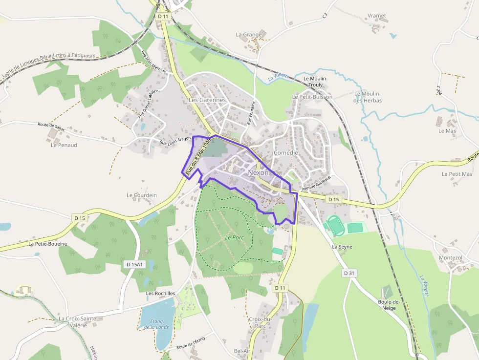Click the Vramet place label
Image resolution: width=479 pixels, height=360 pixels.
[x=377, y=16]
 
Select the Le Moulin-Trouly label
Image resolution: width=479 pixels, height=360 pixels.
[x=315, y=81]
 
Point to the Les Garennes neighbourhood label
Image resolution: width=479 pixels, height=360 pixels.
[x=207, y=100]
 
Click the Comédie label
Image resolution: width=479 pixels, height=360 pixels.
[x=286, y=153]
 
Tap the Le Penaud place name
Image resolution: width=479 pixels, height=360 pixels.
[x=64, y=145]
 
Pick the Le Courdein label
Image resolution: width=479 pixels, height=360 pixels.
[x=142, y=195]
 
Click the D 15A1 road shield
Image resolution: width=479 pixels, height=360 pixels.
[x=134, y=264]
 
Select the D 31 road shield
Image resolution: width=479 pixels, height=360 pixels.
[x=348, y=273]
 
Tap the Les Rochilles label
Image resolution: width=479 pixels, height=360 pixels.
[x=161, y=293]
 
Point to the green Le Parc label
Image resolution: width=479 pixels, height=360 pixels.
[x=234, y=237]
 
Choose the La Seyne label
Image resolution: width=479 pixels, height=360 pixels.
[x=342, y=247]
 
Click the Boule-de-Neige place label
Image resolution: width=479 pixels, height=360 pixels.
[x=389, y=305]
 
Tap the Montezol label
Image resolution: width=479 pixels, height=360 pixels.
[x=450, y=257]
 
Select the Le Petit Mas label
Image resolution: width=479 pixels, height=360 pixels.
[x=457, y=174]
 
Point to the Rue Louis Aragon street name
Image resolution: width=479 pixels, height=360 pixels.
[x=175, y=141]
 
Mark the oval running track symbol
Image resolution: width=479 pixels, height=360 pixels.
[x=335, y=224]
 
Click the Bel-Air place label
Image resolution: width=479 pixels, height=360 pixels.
[x=242, y=351]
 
